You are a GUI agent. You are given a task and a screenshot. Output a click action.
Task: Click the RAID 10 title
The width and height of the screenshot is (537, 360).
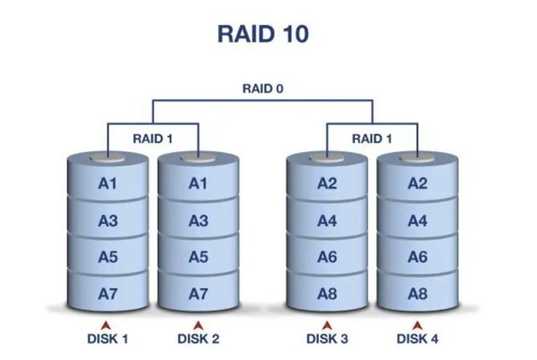(x=268, y=34)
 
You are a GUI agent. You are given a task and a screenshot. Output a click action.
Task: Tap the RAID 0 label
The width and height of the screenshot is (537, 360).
(x=262, y=88)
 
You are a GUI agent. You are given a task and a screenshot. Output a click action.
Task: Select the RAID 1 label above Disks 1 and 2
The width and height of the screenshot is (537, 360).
(x=153, y=138)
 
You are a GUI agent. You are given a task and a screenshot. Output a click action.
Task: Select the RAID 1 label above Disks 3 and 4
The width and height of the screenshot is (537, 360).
(x=372, y=138)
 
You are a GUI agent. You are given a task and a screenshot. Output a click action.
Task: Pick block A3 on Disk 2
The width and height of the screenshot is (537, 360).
(x=198, y=221)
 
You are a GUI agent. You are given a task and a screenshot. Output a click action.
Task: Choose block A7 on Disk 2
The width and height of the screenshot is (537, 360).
(x=198, y=294)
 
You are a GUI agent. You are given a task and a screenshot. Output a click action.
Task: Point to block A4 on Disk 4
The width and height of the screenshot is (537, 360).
(x=418, y=221)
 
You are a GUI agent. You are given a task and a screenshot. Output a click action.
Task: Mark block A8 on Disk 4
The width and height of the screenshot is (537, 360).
(x=418, y=294)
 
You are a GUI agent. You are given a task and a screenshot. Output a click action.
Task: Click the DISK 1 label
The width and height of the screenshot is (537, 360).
(x=107, y=339)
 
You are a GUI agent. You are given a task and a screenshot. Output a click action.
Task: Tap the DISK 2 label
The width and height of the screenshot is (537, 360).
(x=198, y=339)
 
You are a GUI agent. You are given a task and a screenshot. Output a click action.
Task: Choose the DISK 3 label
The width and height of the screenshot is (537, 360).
(x=327, y=339)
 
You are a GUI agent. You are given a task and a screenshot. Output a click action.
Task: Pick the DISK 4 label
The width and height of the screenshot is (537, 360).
(x=417, y=339)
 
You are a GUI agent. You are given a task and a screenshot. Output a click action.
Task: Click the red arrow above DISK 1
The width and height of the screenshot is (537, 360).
(x=107, y=324)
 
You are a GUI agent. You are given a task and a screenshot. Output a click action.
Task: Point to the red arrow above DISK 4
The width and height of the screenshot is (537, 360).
(x=417, y=324)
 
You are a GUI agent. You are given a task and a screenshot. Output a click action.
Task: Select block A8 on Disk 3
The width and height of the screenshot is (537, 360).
(x=327, y=294)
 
